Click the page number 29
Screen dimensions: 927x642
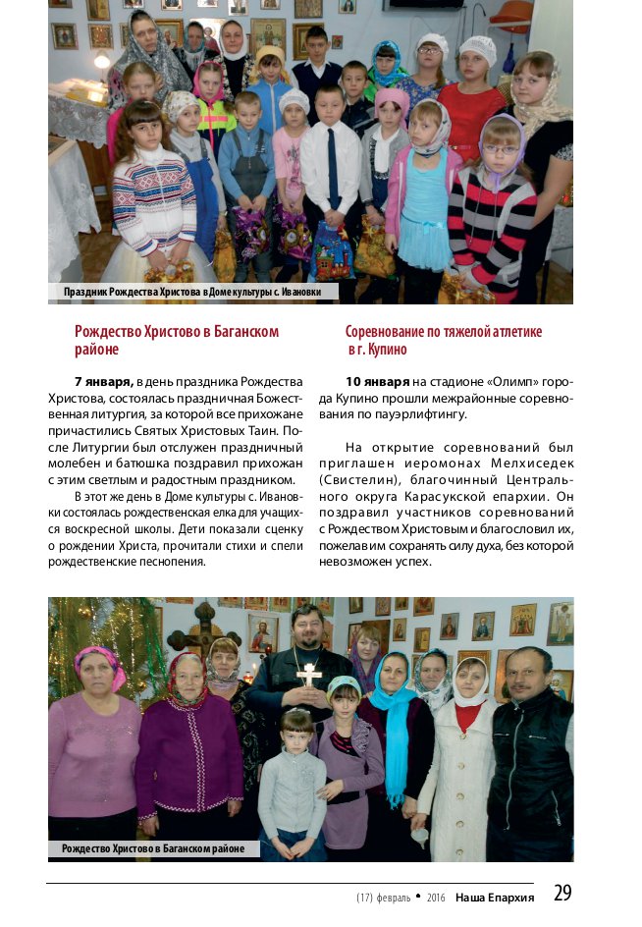pos(562,894)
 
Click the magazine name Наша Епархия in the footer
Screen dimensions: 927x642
pos(501,897)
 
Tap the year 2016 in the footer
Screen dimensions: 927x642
pos(436,898)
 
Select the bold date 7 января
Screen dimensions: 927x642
pos(103,381)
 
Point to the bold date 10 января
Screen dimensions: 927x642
pos(378,381)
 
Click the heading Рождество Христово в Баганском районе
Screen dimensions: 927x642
pos(177,340)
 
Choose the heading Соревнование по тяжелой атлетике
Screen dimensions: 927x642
pos(443,332)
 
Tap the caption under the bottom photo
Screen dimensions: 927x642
pos(153,848)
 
